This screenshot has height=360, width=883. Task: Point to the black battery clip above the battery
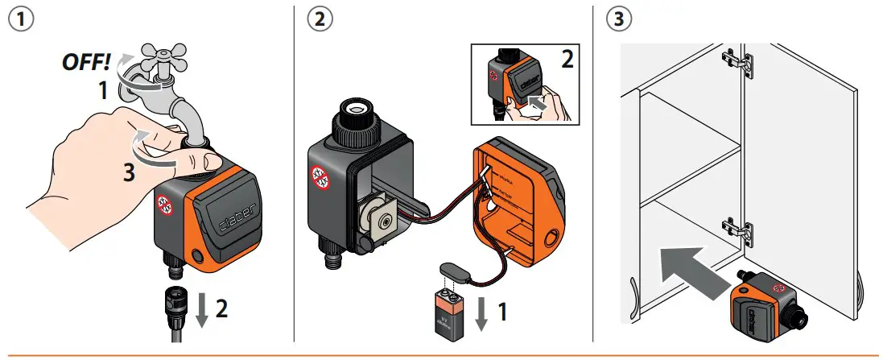[x=451, y=272]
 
